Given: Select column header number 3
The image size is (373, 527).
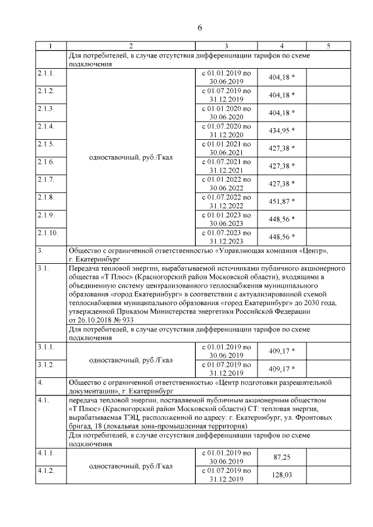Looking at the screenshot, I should tap(226, 45).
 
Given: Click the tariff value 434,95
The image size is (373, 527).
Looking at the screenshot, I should tap(282, 130).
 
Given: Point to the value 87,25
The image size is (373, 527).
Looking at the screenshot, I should tap(282, 457).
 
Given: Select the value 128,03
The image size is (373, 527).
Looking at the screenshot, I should tap(282, 475).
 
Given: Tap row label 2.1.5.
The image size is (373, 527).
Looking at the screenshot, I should tap(45, 144).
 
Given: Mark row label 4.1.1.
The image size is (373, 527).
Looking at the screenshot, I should tap(45, 453).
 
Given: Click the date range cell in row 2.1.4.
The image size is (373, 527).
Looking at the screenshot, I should tap(226, 130).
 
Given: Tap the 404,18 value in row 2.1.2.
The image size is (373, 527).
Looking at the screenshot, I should tap(282, 94).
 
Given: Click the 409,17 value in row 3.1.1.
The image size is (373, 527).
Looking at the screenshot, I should tap(282, 351).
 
